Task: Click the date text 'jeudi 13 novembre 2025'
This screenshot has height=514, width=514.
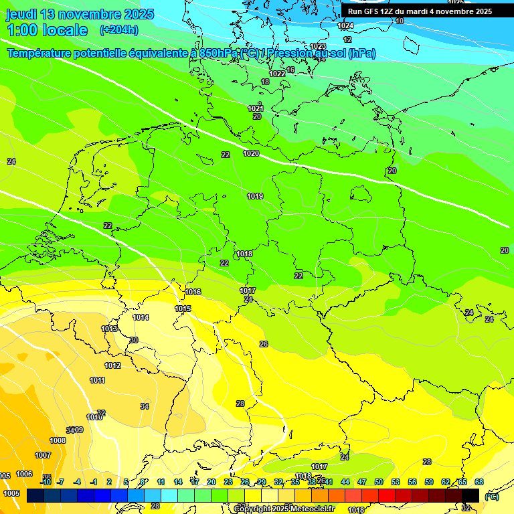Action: point(80,14)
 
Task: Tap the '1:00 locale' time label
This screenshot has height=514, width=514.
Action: point(48,30)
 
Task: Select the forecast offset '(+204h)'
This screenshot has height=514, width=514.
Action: point(118,30)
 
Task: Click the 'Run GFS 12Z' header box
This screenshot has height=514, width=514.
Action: point(419,11)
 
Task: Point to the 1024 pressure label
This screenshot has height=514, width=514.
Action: point(345,26)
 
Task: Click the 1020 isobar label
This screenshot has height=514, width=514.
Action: point(251,154)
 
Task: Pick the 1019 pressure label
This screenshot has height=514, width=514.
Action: point(254,197)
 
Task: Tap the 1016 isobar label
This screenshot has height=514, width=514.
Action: point(193,292)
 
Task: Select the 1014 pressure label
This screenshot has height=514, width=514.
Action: point(141,318)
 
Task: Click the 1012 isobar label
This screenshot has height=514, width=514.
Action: point(112,366)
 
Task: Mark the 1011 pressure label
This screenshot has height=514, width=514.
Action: point(97,381)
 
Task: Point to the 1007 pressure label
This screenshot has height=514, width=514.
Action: point(43,456)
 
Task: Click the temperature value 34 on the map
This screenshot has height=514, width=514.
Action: point(145,407)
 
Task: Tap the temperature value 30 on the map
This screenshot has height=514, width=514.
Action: point(134,341)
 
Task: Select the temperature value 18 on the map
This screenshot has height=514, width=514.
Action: point(265,82)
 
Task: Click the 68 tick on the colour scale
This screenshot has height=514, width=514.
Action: point(479,482)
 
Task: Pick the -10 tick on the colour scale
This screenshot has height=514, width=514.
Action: point(46,482)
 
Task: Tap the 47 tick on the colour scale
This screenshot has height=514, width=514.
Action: point(361,482)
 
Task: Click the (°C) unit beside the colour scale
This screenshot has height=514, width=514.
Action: point(492,496)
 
